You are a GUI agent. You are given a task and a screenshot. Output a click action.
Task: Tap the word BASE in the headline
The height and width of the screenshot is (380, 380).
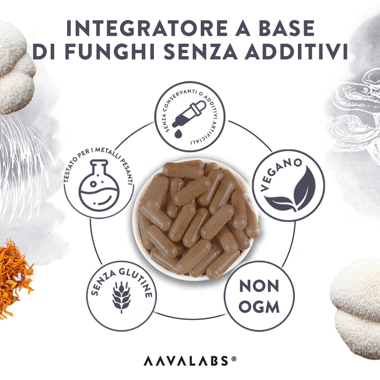coord(285,28)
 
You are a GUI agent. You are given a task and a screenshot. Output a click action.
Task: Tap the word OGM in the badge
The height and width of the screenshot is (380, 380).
coord(259,307)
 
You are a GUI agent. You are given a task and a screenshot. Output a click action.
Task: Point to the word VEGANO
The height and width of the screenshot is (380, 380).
coord(281,174)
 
